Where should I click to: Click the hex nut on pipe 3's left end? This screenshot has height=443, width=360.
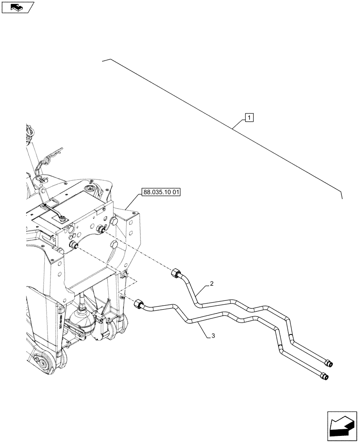(138, 304)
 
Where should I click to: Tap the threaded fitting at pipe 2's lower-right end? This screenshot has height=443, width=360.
(329, 364)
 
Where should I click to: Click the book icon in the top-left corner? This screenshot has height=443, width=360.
(17, 7)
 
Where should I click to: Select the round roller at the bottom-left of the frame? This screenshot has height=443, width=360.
(42, 363)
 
